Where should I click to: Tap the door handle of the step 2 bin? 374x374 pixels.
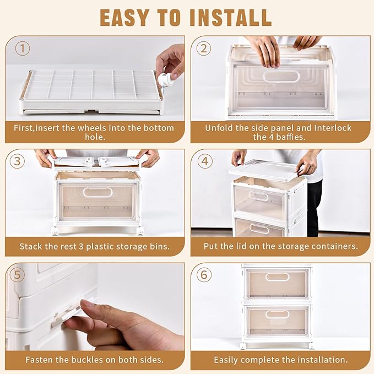[281, 76]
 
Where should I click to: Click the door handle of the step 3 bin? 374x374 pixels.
[97, 192]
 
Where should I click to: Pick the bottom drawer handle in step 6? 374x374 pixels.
[278, 315]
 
